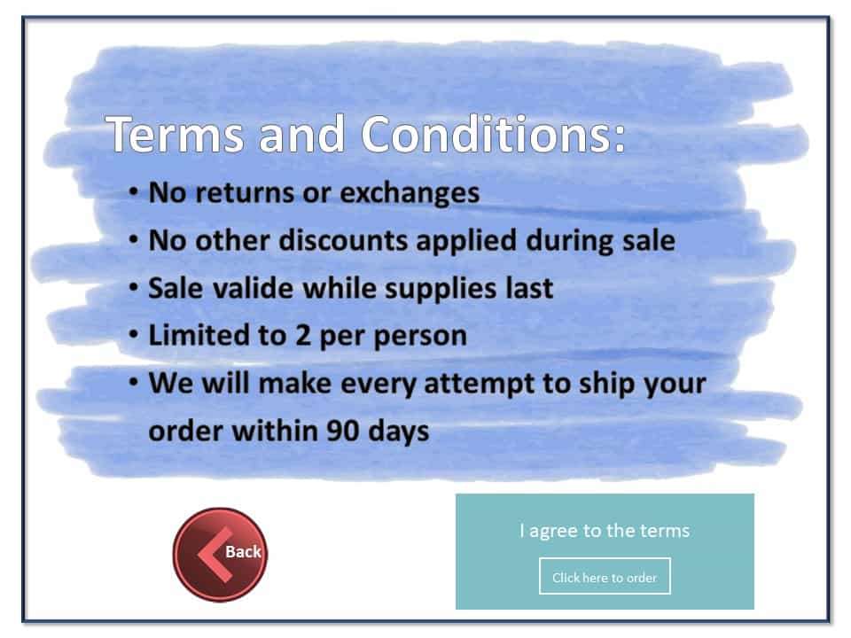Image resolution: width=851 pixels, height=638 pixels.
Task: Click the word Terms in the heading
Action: pos(175,134)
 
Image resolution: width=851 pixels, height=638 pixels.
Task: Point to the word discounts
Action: pos(343,240)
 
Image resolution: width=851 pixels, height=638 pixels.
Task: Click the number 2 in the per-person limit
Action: pos(303,336)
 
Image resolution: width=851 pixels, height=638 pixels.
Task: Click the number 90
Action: pos(342,432)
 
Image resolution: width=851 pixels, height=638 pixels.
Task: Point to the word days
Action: pos(398,432)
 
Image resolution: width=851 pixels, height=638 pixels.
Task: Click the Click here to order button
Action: pos(605,577)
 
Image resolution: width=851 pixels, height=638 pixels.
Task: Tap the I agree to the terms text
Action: pos(605,531)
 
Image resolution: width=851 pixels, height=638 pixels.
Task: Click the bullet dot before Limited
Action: pos(134,335)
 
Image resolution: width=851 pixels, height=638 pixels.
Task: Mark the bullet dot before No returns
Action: pos(134,191)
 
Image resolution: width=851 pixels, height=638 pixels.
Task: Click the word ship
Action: pos(606,384)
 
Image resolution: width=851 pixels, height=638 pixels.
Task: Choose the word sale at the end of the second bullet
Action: pos(649,240)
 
